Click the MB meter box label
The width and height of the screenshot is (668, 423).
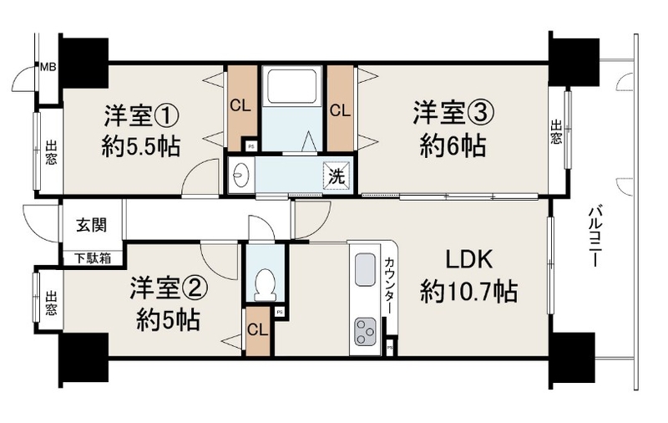[48, 67]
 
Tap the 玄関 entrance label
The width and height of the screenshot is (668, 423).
[92, 225]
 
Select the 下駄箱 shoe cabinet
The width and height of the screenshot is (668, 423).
[93, 258]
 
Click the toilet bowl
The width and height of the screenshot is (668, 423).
[265, 284]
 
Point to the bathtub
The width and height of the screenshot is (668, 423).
[291, 87]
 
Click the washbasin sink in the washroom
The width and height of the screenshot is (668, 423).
[240, 176]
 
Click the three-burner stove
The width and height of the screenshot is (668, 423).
[365, 331]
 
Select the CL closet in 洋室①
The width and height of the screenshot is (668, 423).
[242, 108]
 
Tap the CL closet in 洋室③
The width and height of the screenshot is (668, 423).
[341, 108]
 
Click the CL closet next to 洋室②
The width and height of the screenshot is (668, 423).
[258, 331]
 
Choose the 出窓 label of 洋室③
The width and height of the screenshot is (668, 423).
[556, 132]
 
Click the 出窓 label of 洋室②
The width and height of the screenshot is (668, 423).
[51, 303]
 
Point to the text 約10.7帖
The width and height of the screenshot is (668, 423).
[469, 292]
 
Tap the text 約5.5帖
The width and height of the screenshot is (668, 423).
[140, 146]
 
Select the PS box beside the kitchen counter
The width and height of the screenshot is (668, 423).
[390, 348]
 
